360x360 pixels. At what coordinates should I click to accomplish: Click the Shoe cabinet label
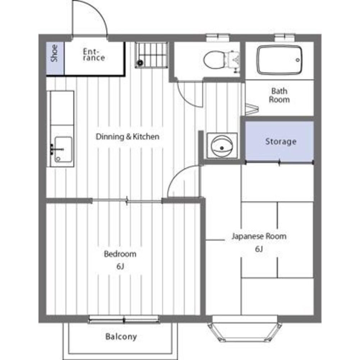[54, 53]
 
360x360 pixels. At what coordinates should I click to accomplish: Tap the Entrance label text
[94, 55]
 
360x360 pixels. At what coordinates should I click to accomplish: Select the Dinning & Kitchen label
[127, 136]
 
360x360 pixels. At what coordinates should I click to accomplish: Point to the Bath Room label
[279, 95]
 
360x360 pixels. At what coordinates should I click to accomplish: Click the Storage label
[281, 141]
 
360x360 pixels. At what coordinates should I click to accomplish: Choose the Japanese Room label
[259, 236]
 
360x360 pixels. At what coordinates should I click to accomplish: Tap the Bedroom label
[120, 254]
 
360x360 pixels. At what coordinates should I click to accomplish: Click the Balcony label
[121, 337]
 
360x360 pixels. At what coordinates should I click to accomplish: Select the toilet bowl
[214, 60]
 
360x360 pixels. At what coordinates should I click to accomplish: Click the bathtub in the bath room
[279, 60]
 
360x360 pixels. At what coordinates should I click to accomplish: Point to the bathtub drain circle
[298, 60]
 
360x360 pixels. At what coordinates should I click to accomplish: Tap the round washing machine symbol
[222, 146]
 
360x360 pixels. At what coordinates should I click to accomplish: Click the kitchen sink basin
[63, 149]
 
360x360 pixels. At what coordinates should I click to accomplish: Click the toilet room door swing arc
[186, 99]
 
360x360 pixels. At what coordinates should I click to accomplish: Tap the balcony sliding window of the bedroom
[123, 319]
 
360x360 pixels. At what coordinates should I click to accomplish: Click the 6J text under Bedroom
[120, 266]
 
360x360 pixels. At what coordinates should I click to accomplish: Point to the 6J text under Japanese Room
[259, 249]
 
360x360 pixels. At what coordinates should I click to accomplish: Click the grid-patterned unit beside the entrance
[151, 55]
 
